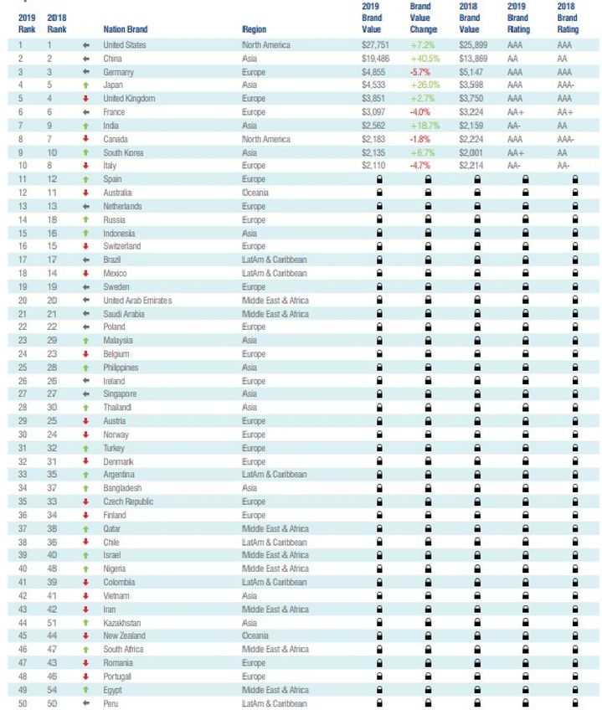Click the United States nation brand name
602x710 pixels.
(124, 44)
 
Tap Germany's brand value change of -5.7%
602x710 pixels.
(420, 71)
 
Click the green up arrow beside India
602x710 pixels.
(86, 125)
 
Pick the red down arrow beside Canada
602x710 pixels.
(86, 138)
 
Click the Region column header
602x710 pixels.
(254, 29)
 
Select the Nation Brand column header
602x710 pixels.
(126, 29)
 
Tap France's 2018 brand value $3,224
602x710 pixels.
(469, 111)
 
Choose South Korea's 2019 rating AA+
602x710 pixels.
(516, 152)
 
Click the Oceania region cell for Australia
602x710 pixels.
(255, 193)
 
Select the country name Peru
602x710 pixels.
(111, 703)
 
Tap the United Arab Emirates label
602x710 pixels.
(137, 300)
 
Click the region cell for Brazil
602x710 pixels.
(275, 260)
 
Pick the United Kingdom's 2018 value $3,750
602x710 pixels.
(469, 98)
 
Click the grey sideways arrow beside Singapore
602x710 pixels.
(86, 394)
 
